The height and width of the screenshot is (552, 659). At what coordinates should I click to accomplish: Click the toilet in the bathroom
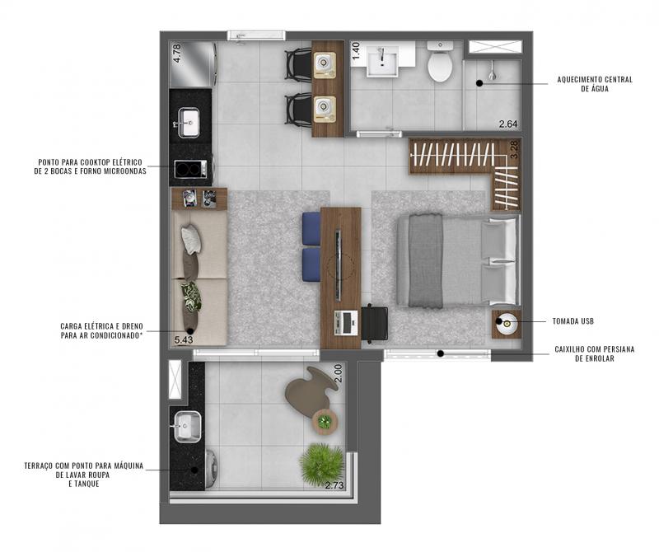pos(440,62)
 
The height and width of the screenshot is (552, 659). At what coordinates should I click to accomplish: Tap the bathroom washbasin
pos(382,62)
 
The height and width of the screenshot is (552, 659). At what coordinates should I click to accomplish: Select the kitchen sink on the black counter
pos(189,122)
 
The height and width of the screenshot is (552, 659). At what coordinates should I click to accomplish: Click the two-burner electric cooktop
pos(191,169)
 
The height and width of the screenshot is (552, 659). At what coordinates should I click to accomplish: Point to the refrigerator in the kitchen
pos(194,64)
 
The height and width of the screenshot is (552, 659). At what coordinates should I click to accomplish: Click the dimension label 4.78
pos(177,54)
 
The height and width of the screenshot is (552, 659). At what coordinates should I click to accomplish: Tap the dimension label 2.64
pos(508,124)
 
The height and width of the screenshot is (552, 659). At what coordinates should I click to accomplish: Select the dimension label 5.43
pos(184,339)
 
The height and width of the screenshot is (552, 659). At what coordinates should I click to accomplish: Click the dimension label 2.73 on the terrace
pos(334,485)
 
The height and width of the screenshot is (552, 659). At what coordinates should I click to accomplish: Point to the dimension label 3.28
pos(514,150)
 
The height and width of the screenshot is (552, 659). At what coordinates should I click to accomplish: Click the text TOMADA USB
pos(573,321)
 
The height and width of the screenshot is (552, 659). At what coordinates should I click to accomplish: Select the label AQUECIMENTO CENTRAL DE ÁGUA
pos(595,84)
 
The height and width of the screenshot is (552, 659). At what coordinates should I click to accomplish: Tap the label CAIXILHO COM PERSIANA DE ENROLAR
pos(595,353)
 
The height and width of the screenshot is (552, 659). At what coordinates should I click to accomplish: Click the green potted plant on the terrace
pos(322,465)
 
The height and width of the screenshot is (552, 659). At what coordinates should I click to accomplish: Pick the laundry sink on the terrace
pos(188,427)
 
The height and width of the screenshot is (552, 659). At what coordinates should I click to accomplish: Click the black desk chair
pos(375,322)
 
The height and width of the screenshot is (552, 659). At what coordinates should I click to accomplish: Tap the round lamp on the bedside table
pos(507,323)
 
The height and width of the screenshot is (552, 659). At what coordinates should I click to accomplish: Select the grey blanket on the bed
pos(426,260)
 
